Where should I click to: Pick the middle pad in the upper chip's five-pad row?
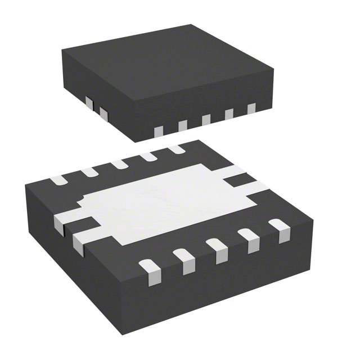(x=206, y=120)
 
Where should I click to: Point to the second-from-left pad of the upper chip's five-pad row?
(x=182, y=125)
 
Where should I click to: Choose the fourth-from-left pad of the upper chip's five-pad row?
(x=229, y=114)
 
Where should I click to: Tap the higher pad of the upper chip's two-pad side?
(x=88, y=102)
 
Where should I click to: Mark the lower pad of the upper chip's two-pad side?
(x=103, y=112)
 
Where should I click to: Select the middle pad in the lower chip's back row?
(x=119, y=164)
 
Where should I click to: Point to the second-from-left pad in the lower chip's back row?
(x=89, y=173)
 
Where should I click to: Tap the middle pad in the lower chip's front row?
(x=215, y=249)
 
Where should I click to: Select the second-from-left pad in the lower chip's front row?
(x=182, y=259)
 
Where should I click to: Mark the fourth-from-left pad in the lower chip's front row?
(x=247, y=238)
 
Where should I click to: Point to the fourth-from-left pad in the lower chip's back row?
(x=148, y=157)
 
